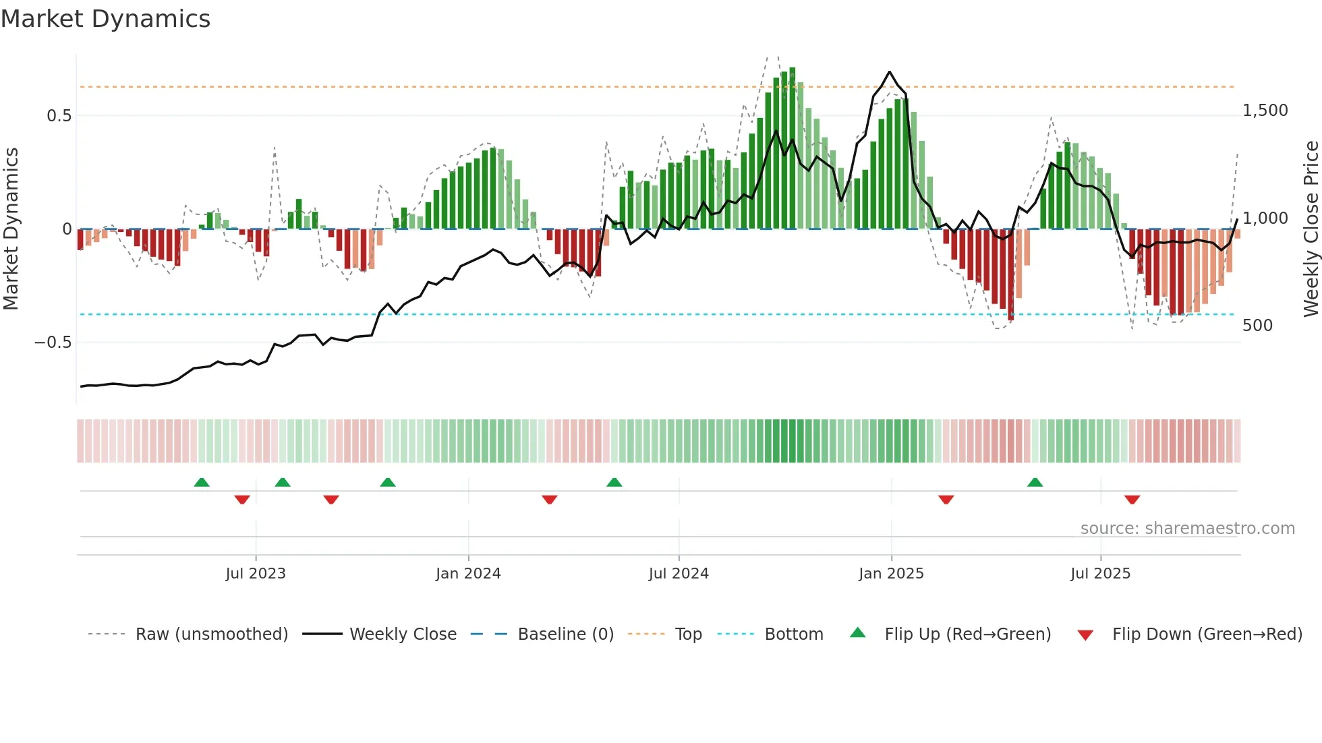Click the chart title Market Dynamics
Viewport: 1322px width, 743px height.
[105, 19]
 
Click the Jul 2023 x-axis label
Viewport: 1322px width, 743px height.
[256, 574]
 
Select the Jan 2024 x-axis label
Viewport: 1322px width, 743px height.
[468, 574]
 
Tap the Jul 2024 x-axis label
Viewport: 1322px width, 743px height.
[679, 574]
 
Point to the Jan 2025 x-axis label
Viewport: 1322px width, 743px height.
[891, 574]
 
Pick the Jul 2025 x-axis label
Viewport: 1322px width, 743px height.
[1100, 574]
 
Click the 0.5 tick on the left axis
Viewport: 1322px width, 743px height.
[59, 116]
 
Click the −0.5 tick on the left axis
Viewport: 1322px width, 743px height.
[53, 343]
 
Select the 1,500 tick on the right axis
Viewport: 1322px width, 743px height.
[1265, 111]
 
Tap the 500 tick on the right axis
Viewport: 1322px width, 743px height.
[1257, 326]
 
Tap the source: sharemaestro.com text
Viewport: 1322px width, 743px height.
[1187, 529]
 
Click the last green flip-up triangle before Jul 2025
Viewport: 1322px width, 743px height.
[1035, 482]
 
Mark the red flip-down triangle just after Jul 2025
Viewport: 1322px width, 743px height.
[1132, 500]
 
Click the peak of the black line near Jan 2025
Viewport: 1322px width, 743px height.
[890, 71]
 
